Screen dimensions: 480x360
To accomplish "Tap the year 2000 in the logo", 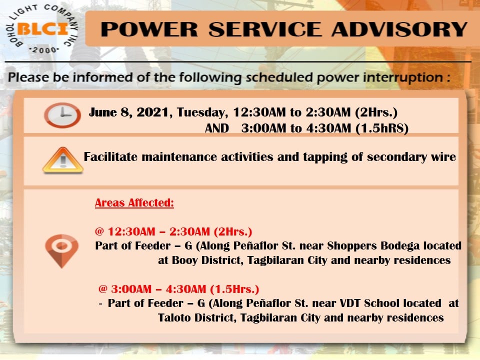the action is [44, 50].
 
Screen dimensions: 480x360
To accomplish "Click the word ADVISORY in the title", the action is [399, 29].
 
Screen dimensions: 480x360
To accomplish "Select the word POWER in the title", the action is [149, 29].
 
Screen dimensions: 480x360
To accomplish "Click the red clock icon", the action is [62, 115].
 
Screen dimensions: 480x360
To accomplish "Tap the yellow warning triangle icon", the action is [63, 160].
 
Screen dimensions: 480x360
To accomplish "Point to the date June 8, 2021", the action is [128, 112].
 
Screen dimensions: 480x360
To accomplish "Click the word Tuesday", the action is [202, 112].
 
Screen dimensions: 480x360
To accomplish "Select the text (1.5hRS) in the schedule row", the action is [382, 128].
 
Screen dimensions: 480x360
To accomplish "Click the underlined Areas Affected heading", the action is [134, 202].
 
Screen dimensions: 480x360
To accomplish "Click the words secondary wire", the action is [411, 157].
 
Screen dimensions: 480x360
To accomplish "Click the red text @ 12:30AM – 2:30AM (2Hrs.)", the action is [173, 231].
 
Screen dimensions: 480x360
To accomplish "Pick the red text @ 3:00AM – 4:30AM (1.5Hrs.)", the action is [179, 289].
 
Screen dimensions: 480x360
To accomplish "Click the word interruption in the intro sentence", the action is [402, 77].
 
